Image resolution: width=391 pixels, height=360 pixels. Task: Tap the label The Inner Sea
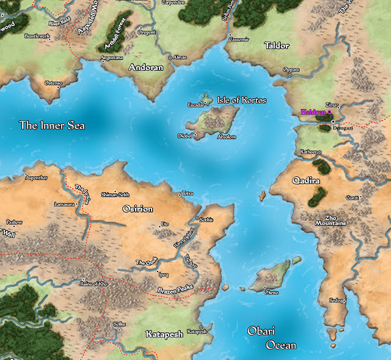tap(52, 126)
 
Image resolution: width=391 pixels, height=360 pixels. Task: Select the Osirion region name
tap(137, 209)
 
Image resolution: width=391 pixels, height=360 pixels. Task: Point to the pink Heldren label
tap(313, 112)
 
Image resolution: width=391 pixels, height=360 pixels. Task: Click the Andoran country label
tap(146, 68)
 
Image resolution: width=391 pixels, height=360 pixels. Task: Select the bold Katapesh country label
tap(164, 334)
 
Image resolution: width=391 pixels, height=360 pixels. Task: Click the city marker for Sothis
tap(197, 218)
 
